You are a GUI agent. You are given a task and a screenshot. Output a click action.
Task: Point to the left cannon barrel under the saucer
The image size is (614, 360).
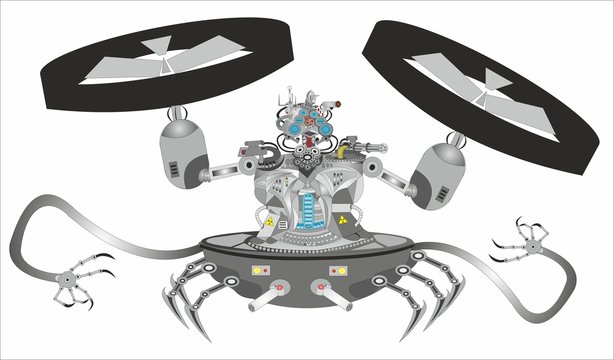coord(264,300)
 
